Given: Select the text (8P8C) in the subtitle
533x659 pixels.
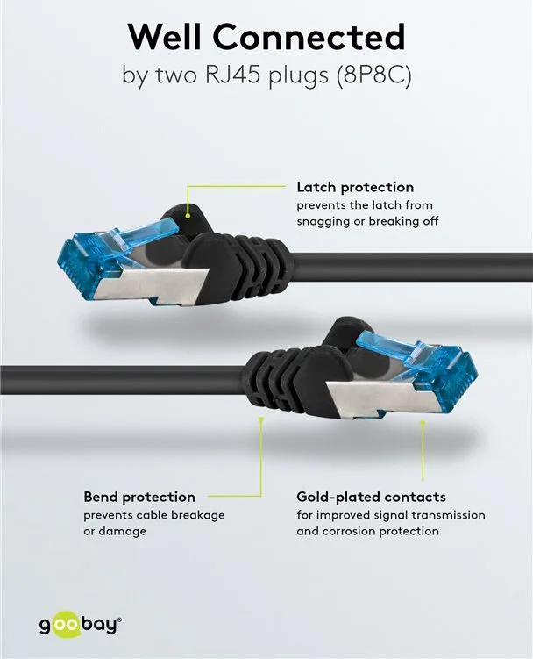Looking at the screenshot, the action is pyautogui.click(x=373, y=75).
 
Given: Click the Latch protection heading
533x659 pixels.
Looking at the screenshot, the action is pyautogui.click(x=355, y=187).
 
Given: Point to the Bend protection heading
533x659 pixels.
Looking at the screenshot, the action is pyautogui.click(x=139, y=497).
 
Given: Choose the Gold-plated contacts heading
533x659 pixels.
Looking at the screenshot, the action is pyautogui.click(x=372, y=497).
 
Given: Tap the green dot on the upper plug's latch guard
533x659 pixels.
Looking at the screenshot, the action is pyautogui.click(x=188, y=216).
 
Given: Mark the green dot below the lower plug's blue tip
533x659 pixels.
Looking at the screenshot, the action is pyautogui.click(x=423, y=422).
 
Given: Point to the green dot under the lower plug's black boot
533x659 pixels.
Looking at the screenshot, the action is pyautogui.click(x=261, y=419).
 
